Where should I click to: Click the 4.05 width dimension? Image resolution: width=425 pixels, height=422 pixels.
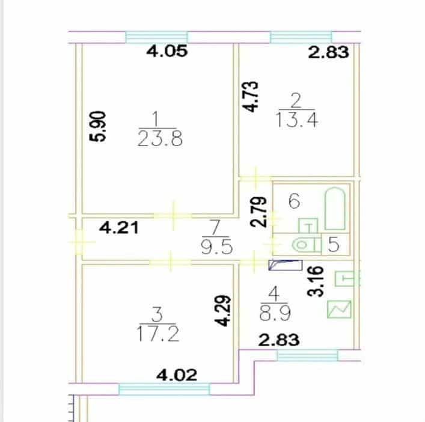[x=167, y=51]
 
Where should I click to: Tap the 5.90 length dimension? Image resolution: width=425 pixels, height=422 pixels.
[x=97, y=126]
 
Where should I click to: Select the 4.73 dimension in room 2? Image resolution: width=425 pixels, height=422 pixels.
[x=250, y=97]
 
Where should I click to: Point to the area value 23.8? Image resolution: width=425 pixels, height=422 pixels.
[x=160, y=138]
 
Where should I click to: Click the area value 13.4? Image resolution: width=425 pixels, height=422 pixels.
[x=296, y=120]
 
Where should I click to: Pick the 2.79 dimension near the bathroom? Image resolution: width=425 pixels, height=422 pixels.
[x=258, y=212]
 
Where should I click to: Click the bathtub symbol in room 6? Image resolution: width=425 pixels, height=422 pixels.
[x=335, y=209]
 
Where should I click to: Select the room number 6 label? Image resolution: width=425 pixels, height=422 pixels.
[x=295, y=201]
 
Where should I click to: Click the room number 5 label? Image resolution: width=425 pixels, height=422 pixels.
[x=334, y=244]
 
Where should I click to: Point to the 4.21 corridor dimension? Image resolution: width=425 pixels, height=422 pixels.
[x=119, y=228]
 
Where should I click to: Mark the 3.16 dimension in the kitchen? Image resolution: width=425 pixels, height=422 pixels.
[x=316, y=281]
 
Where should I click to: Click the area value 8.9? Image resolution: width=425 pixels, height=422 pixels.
[x=275, y=314]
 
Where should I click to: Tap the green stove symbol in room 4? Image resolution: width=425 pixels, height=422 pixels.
[x=339, y=309]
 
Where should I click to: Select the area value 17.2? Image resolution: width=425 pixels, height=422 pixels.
[x=158, y=334]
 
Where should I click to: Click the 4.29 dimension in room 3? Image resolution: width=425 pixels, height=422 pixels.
[x=223, y=311]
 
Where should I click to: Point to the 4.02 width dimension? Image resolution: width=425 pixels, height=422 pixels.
[x=177, y=375]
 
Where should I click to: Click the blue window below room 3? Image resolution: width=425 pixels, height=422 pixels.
[x=165, y=389]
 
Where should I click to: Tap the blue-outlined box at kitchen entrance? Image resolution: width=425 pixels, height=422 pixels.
[x=286, y=265]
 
